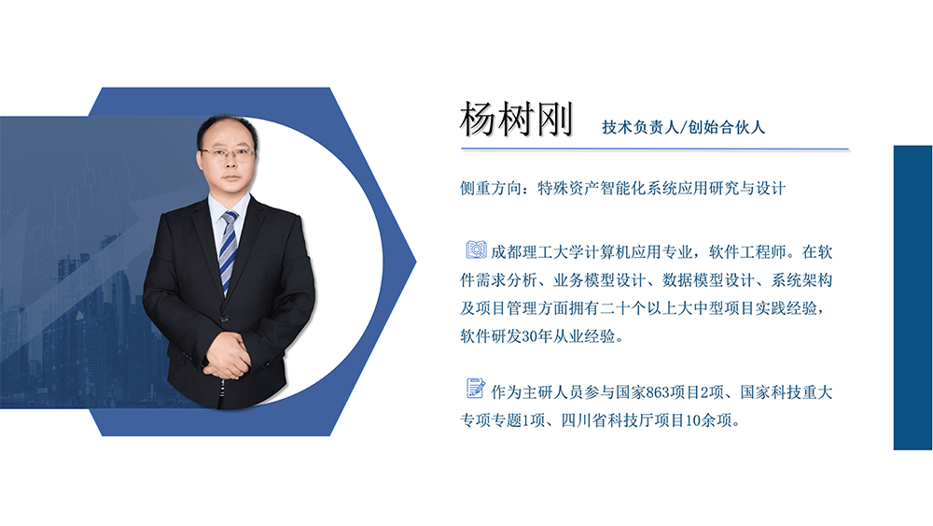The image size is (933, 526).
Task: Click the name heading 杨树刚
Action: click(516, 120)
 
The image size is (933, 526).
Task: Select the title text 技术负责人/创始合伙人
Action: click(683, 127)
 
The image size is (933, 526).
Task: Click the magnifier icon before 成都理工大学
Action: click(476, 249)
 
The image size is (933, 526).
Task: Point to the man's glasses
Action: click(227, 152)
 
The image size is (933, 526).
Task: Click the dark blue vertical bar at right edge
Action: click(912, 297)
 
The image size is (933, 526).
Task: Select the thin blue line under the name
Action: click(654, 149)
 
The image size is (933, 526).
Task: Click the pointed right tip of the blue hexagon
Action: click(412, 252)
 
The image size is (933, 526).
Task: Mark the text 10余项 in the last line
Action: click(713, 420)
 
